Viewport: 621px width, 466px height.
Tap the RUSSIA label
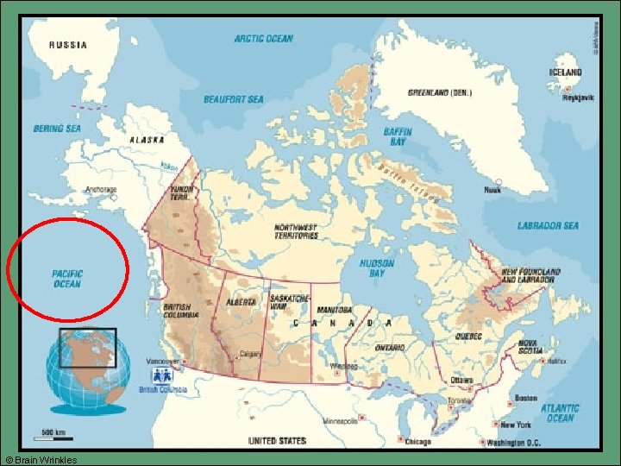click(67, 46)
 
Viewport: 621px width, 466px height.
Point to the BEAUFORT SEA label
click(234, 99)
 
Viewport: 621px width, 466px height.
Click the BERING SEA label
click(56, 129)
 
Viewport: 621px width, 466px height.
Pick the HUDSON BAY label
click(377, 268)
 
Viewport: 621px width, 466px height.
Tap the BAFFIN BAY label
click(398, 137)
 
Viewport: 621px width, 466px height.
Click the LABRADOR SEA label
click(548, 226)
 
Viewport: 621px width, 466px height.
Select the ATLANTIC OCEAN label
click(560, 412)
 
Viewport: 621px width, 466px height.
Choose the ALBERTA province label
click(241, 303)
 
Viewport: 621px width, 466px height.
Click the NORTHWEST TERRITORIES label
click(296, 230)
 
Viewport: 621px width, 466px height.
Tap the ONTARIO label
click(391, 346)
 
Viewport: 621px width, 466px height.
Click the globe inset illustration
click(88, 369)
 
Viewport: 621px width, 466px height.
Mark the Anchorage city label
click(100, 189)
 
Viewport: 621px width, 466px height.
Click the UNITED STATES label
click(277, 441)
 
